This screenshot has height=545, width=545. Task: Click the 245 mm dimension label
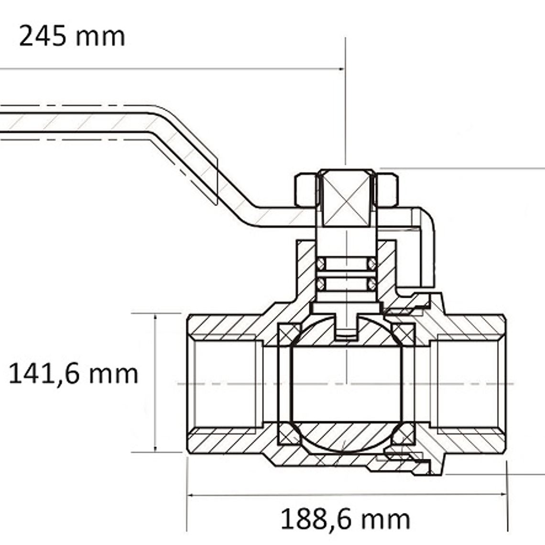pos(72,36)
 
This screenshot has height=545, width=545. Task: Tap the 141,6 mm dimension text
pos(73,374)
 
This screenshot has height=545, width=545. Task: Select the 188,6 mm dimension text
pos(345,519)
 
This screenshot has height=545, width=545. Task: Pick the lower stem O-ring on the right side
pos(372,284)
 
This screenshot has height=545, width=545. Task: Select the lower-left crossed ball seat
pos(288,434)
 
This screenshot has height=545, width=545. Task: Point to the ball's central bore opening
pos(346,384)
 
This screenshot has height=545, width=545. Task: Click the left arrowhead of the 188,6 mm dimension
pos(190,495)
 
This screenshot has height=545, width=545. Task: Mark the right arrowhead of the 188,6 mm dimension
pos(503,494)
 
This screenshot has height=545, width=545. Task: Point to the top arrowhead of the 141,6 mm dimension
pos(155,317)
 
